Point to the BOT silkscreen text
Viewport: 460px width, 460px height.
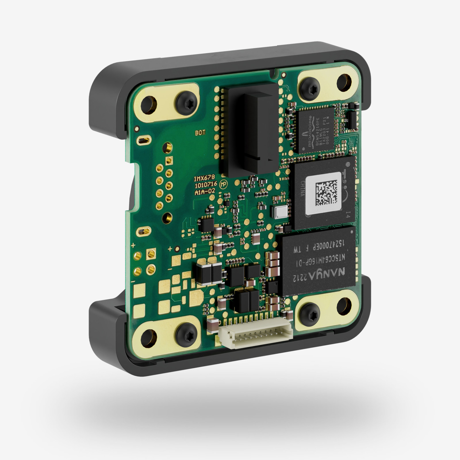click(x=200, y=133)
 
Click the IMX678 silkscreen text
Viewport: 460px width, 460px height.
click(x=204, y=178)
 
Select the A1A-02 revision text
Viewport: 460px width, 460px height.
click(x=205, y=192)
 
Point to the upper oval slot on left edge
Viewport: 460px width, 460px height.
click(x=143, y=140)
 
